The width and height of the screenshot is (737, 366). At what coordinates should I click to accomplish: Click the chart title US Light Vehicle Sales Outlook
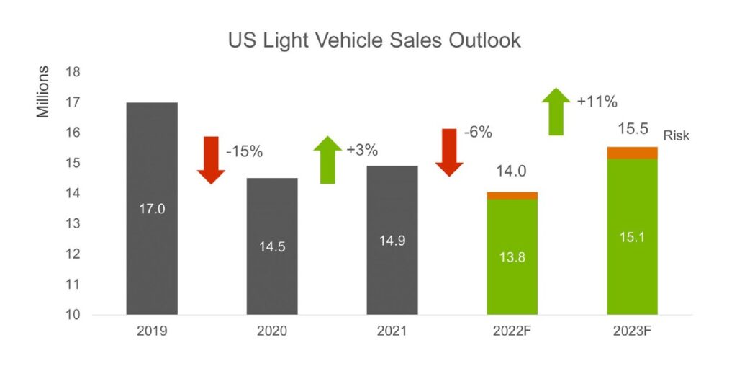pyautogui.click(x=374, y=41)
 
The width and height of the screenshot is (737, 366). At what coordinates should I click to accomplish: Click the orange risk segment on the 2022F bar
pyautogui.click(x=512, y=195)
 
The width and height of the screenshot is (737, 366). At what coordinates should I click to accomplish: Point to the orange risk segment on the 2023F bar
pyautogui.click(x=633, y=152)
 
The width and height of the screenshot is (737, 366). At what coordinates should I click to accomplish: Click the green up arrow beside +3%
pyautogui.click(x=327, y=159)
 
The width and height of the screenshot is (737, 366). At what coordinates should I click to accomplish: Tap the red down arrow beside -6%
pyautogui.click(x=449, y=152)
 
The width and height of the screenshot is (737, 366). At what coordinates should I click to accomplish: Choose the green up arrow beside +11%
pyautogui.click(x=556, y=111)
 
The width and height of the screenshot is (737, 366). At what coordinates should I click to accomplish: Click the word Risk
pyautogui.click(x=677, y=135)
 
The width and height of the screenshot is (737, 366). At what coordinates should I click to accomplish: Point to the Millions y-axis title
pyautogui.click(x=44, y=91)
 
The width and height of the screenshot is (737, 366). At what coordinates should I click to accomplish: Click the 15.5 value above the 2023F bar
pyautogui.click(x=633, y=130)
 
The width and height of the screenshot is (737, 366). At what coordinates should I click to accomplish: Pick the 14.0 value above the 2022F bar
pyautogui.click(x=512, y=173)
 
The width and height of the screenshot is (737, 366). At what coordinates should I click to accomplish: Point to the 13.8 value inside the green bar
pyautogui.click(x=512, y=257)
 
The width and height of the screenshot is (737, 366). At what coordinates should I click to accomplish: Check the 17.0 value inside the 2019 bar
pyautogui.click(x=152, y=209)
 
